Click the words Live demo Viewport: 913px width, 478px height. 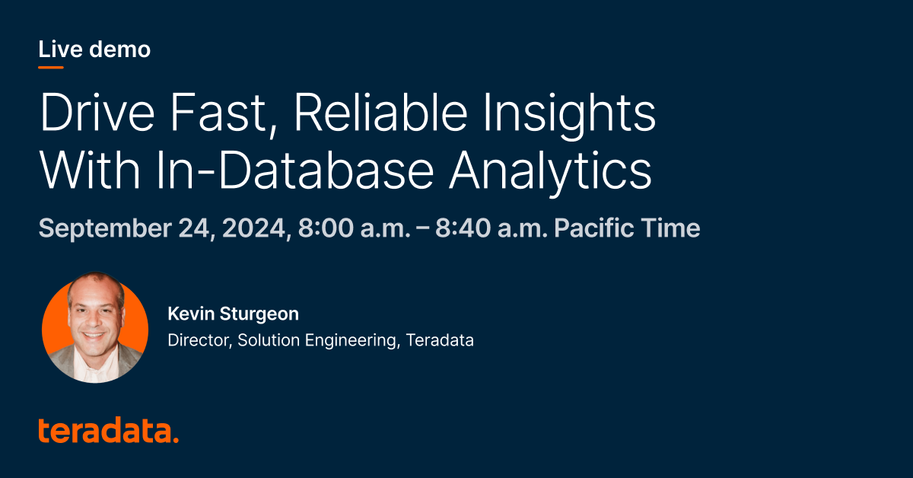[94, 50]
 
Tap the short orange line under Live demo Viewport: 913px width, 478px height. [51, 68]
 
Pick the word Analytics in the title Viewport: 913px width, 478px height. [549, 174]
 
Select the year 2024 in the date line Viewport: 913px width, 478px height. [252, 228]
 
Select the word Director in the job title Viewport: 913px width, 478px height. [198, 340]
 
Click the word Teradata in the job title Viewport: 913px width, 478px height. [440, 340]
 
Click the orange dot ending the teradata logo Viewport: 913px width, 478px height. [176, 440]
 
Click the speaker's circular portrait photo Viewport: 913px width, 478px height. [95, 329]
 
